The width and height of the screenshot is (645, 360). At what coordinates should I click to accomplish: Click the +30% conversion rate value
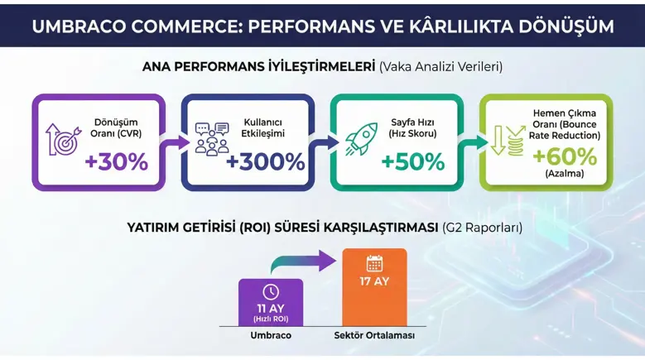pyautogui.click(x=116, y=161)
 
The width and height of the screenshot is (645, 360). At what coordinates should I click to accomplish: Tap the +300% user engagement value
pyautogui.click(x=265, y=162)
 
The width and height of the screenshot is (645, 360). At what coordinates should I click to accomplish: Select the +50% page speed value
pyautogui.click(x=413, y=161)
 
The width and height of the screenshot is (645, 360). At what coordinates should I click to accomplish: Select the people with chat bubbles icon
pyautogui.click(x=212, y=139)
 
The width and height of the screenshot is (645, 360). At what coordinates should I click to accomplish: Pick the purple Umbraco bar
pyautogui.click(x=270, y=302)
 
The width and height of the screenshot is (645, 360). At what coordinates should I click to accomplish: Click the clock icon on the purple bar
pyautogui.click(x=270, y=292)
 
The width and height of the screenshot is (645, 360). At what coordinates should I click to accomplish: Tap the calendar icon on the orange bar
pyautogui.click(x=374, y=264)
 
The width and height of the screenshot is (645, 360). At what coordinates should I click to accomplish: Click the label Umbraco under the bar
pyautogui.click(x=271, y=336)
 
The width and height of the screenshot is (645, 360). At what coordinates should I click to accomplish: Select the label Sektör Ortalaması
pyautogui.click(x=374, y=336)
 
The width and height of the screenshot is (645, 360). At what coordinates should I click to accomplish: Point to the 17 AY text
pyautogui.click(x=374, y=281)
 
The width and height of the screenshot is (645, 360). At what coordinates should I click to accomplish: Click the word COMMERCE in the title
pyautogui.click(x=173, y=26)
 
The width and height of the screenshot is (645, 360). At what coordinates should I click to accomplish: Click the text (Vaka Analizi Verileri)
pyautogui.click(x=440, y=65)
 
